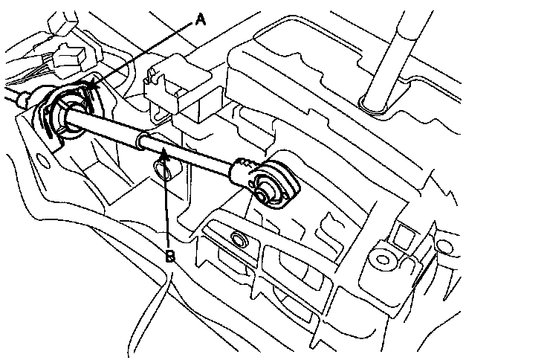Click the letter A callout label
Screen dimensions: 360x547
pos(199,22)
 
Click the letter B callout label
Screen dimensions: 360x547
pos(170,257)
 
